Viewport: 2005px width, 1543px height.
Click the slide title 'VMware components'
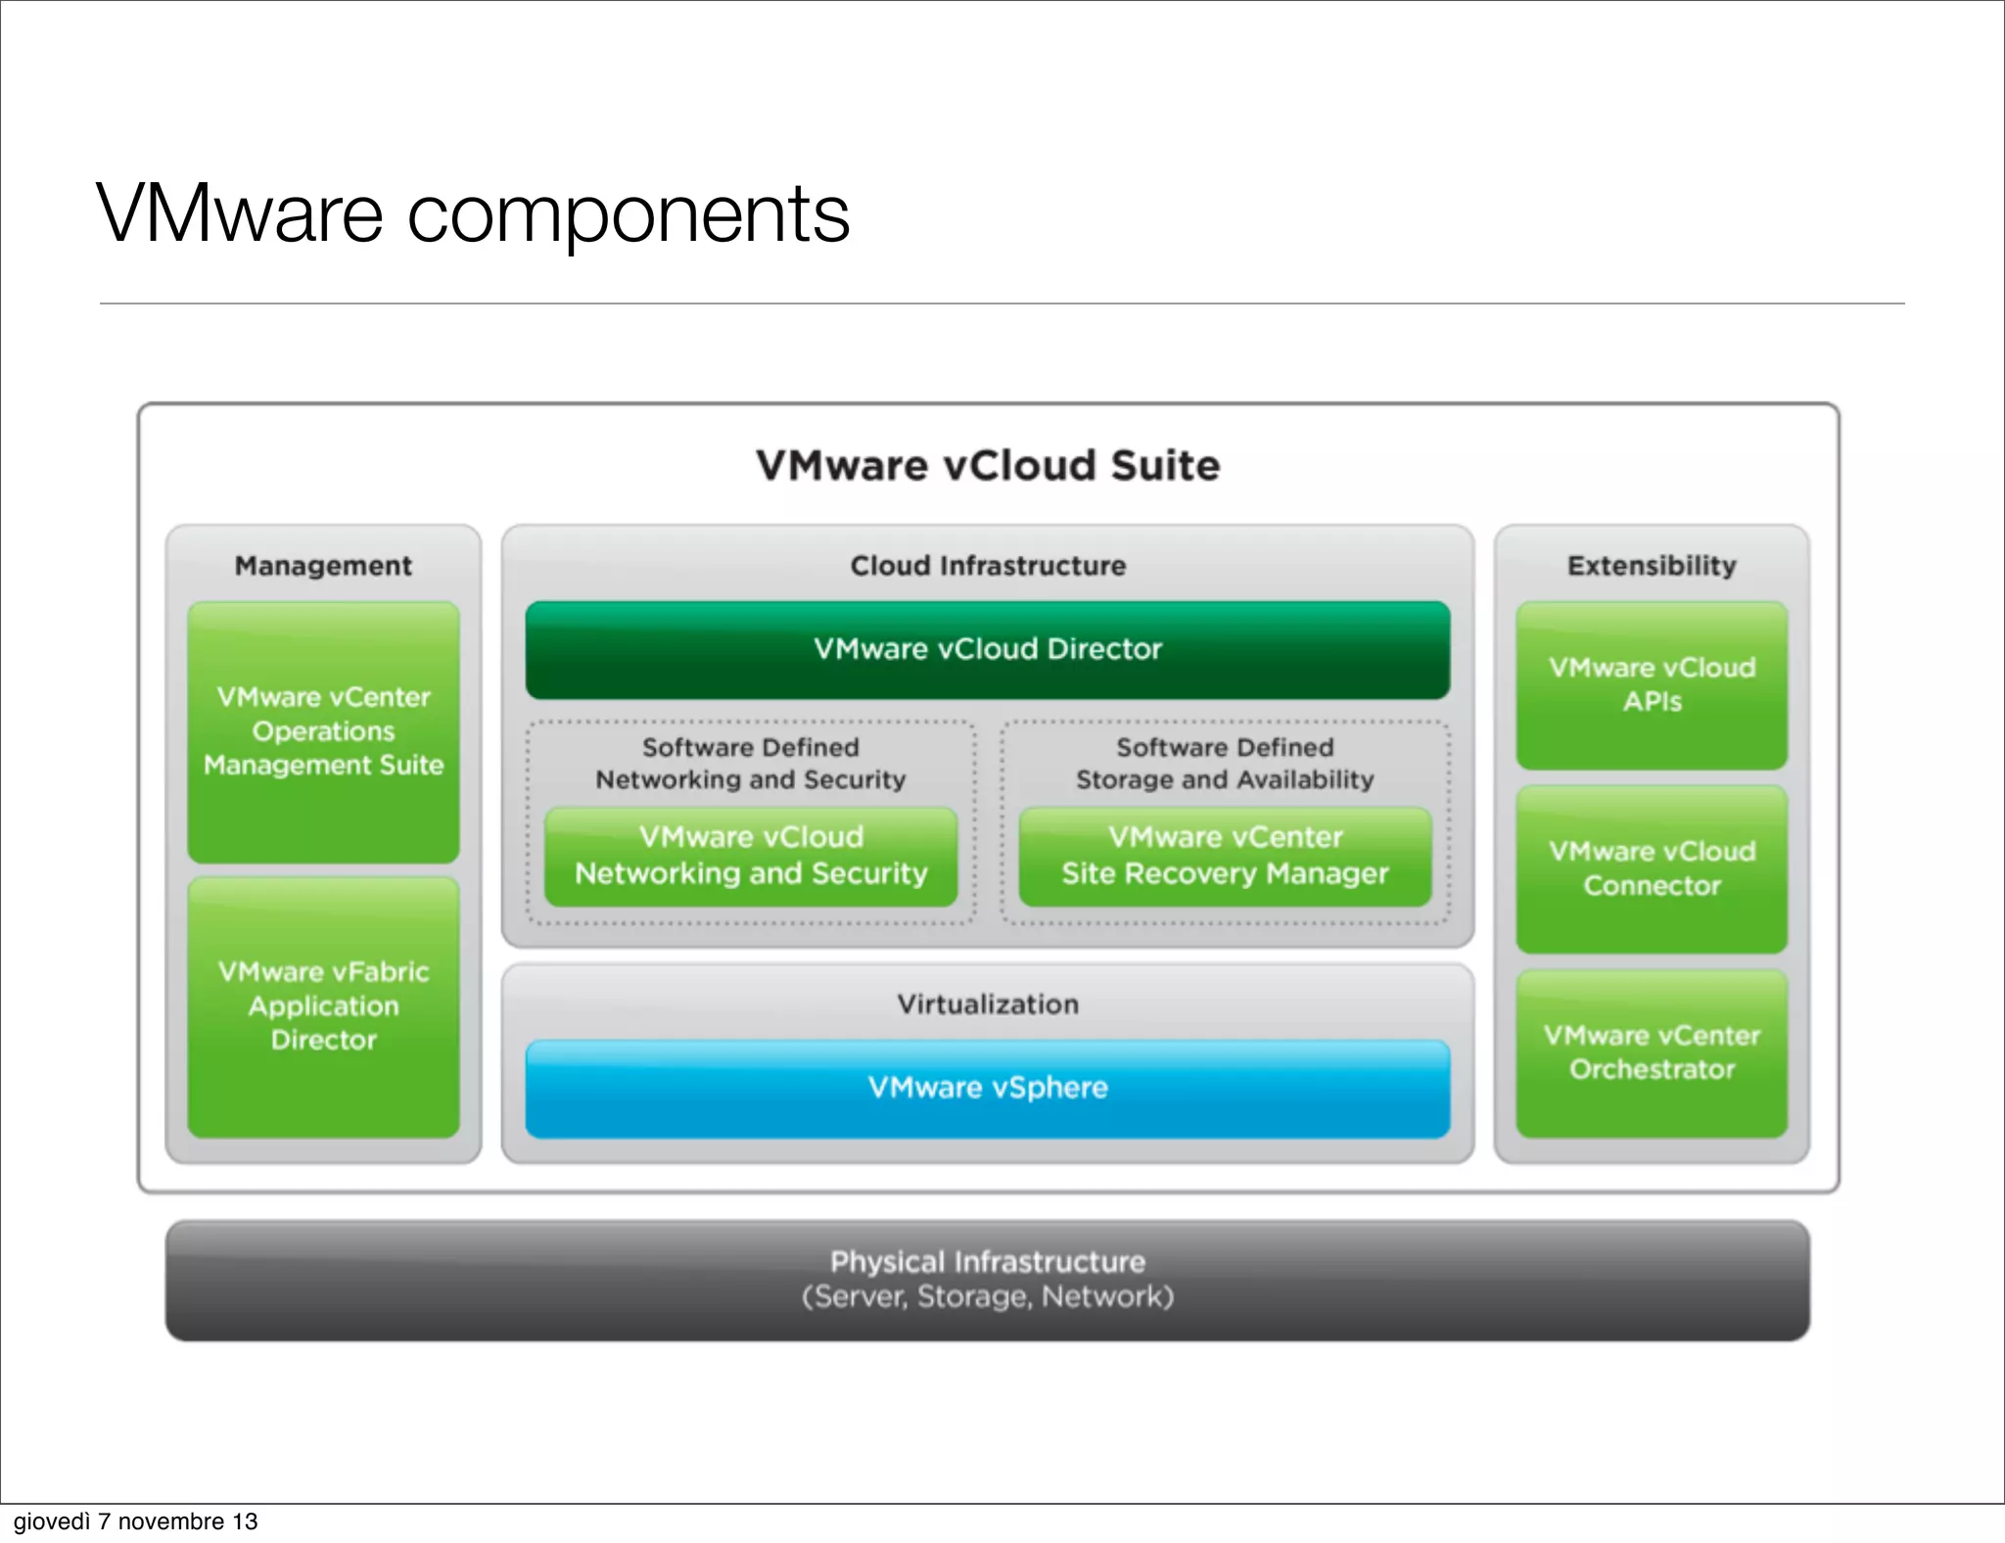[x=473, y=213]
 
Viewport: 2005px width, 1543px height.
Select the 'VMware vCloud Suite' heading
[x=988, y=465]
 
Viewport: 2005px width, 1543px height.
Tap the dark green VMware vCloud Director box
[x=988, y=649]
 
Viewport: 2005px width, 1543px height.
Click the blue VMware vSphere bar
[x=988, y=1088]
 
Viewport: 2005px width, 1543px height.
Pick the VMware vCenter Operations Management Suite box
[x=323, y=731]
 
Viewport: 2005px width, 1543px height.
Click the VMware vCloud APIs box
[x=1652, y=684]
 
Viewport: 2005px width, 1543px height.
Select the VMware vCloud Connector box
[x=1652, y=868]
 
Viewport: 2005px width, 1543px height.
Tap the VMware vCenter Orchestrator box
[x=1652, y=1052]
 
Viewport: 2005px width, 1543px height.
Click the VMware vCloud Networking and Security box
[x=751, y=855]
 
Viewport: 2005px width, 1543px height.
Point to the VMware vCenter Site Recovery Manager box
[x=1225, y=855]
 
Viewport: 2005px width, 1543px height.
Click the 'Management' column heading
[x=323, y=566]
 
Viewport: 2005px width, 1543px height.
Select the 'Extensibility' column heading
[x=1652, y=566]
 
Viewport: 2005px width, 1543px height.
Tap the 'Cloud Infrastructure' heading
[x=988, y=566]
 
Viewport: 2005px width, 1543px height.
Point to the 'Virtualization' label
[x=988, y=1005]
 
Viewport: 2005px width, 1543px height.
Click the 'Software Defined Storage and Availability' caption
[x=1225, y=764]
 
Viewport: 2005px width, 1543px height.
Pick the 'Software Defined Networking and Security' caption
[x=751, y=764]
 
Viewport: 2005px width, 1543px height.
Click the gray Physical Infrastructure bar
[x=988, y=1280]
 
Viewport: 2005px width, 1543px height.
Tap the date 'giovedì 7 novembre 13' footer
[x=135, y=1521]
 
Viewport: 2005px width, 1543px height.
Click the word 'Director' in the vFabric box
[x=323, y=1040]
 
